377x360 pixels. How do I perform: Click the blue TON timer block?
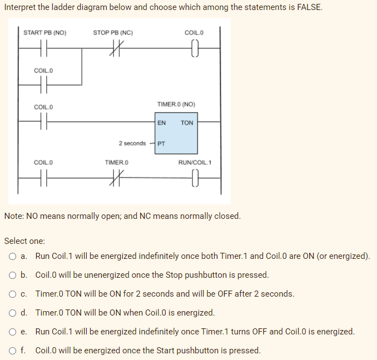[176, 133]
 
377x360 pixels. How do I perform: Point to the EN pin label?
[161, 123]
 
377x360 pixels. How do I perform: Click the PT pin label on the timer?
[161, 143]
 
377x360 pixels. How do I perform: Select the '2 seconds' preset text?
[132, 143]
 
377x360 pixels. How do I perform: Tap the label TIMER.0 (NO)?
[176, 104]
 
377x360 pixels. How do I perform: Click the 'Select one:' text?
[24, 241]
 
